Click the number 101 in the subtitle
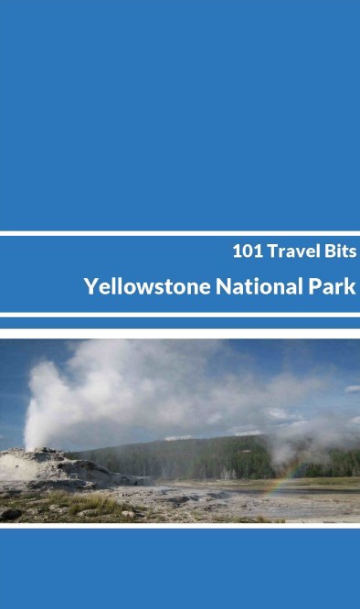tap(247, 250)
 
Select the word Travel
tap(291, 250)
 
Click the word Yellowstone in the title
tap(147, 286)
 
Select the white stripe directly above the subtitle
tap(180, 233)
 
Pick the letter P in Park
tap(312, 286)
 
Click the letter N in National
tap(222, 286)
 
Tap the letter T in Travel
tap(271, 250)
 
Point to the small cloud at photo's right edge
tap(352, 390)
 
